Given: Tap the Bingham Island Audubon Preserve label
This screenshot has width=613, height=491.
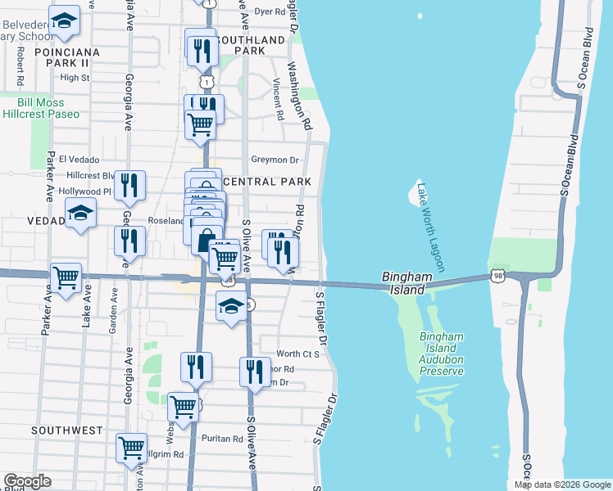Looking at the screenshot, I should pos(442,354).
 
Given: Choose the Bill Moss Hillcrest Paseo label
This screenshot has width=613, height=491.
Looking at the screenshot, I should pos(49,108).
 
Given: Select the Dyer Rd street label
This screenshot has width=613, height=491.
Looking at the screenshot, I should pos(270,12).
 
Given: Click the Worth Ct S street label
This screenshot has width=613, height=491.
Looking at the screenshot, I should pos(297,354).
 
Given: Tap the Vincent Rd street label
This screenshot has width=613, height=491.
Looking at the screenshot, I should pos(278,99).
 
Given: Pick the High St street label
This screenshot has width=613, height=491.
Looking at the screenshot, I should pos(75,78).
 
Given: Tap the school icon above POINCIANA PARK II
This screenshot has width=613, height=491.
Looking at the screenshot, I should pos(64,22).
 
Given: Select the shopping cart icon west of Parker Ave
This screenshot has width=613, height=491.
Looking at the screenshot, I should pos(66,277).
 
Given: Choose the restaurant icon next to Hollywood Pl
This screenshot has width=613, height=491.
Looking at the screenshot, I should pos(129,186).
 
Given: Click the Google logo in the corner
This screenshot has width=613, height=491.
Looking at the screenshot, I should pos(26,481).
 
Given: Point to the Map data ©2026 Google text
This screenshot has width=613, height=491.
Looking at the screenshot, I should pos(561,484).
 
